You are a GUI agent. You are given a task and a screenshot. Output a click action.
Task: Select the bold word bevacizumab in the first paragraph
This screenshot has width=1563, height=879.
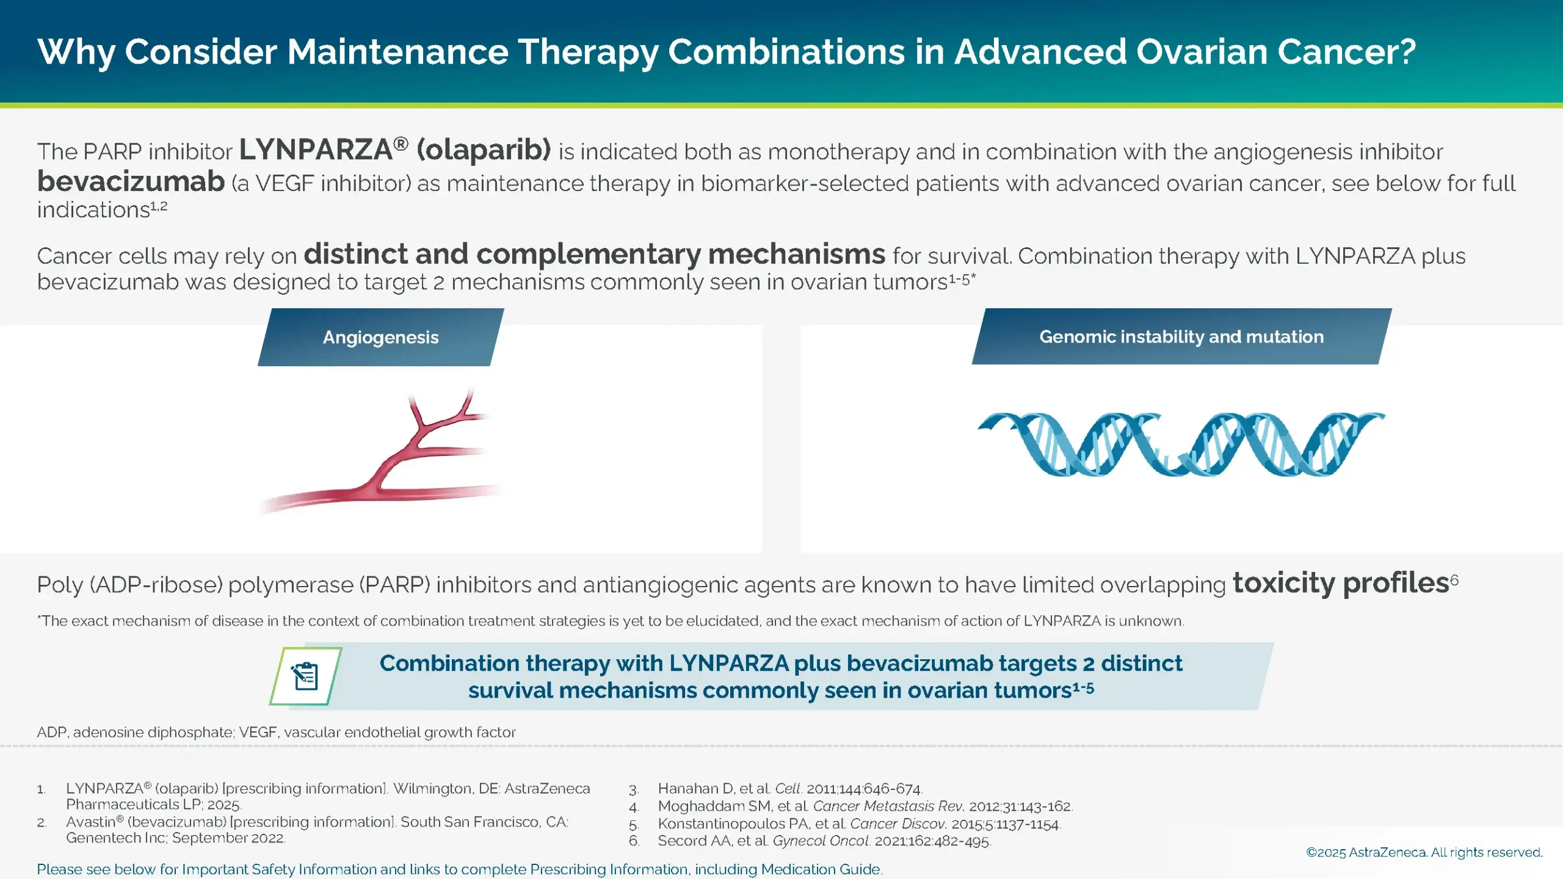(131, 182)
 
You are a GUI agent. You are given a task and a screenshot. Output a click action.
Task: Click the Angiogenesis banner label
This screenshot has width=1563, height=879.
(380, 337)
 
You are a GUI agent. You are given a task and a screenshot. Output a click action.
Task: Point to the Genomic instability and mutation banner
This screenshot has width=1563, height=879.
(1181, 336)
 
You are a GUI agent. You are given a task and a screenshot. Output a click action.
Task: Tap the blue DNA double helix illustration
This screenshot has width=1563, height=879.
(1181, 444)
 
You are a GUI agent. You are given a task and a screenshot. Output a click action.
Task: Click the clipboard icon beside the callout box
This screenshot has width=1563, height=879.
(305, 676)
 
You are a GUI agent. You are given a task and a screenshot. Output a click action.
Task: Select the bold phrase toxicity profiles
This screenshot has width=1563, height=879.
(1340, 583)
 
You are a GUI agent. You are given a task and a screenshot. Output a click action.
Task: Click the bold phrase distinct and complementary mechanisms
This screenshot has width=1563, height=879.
(593, 254)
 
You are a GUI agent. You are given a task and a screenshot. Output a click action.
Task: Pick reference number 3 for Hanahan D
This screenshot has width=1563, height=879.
(634, 789)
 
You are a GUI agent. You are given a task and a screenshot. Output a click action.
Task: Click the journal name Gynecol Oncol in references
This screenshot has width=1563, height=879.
(821, 841)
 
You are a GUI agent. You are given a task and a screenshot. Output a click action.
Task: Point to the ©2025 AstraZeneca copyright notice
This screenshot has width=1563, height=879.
(1424, 853)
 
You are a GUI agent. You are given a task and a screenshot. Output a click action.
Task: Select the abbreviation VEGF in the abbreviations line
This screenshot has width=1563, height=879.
(257, 732)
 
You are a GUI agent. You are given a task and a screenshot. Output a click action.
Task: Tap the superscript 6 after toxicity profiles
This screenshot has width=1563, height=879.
(1454, 579)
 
